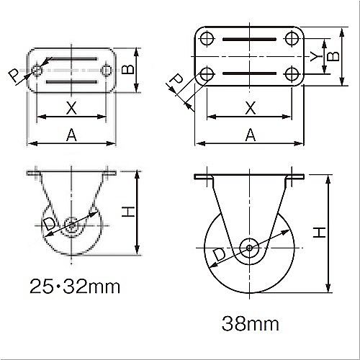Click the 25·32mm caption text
(75, 287)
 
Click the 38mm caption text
(251, 323)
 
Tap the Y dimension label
(316, 56)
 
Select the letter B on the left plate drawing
(128, 70)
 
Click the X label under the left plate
(71, 108)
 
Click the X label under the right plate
(251, 108)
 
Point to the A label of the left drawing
(71, 135)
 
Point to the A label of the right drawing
(251, 135)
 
